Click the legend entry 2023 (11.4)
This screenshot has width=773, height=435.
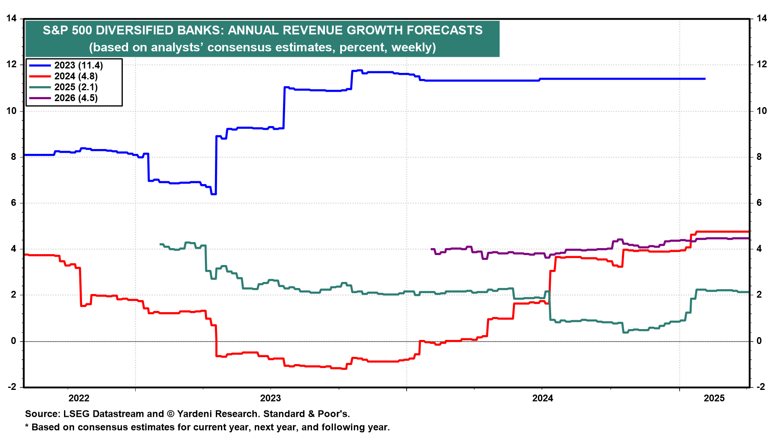pos(79,65)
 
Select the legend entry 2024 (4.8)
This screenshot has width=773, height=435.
pos(76,76)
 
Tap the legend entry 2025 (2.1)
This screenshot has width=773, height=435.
pos(76,87)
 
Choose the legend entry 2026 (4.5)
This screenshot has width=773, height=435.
pos(76,98)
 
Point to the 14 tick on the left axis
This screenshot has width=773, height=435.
pos(11,18)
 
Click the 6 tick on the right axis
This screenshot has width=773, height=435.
pos(759,203)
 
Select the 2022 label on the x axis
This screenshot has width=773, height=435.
pos(79,398)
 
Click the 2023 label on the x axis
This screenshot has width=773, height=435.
pos(271,398)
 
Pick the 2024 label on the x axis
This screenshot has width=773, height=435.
pos(543,398)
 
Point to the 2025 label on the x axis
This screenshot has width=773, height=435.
pos(714,398)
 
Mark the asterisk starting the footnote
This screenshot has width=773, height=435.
pos(27,426)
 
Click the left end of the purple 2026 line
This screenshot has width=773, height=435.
pos(432,249)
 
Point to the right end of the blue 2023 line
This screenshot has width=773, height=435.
pos(705,79)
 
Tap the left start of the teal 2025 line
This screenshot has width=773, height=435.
pos(161,244)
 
